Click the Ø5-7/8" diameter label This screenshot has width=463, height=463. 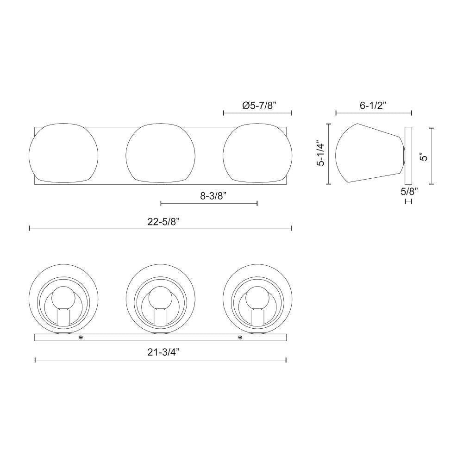(259, 105)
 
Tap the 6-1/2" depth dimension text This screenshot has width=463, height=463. (373, 105)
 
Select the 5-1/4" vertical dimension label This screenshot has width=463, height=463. (320, 154)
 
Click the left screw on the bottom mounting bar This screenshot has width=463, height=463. (81, 338)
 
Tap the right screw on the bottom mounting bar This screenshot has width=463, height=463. (240, 338)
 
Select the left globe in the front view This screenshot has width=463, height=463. (63, 152)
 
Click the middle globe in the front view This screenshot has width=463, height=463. (160, 152)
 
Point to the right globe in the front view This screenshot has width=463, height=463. (257, 152)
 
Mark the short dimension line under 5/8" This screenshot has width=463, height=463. (408, 201)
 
